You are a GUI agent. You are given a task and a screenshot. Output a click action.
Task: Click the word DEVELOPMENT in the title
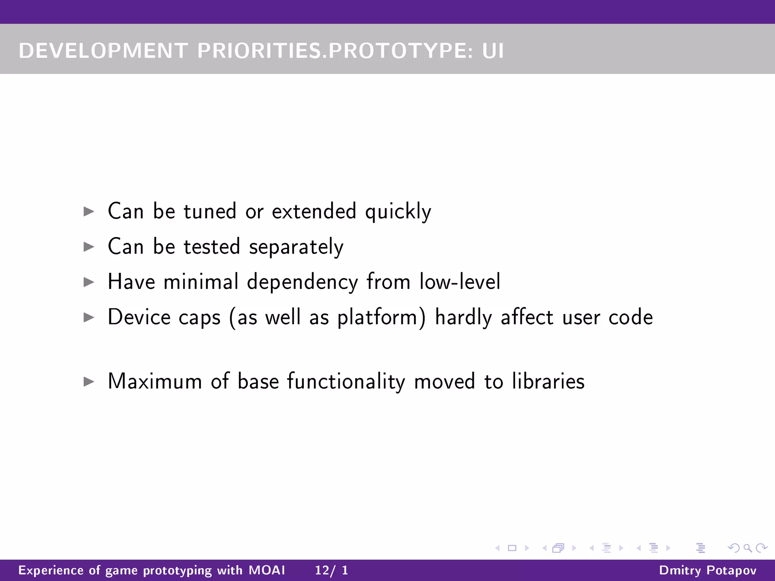103,51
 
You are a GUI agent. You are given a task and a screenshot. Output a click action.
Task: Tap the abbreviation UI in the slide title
493,51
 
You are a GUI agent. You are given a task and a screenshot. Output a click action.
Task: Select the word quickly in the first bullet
398,211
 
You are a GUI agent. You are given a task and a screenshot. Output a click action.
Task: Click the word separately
296,247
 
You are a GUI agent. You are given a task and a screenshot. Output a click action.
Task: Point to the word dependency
302,282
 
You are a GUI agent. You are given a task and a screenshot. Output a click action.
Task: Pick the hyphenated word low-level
460,282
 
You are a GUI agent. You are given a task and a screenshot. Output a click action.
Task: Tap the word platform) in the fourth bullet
381,317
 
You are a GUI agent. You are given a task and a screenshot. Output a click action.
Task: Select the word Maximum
155,381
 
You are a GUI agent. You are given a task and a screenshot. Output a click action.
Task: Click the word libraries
548,381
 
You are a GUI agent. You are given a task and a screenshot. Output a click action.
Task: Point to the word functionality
346,381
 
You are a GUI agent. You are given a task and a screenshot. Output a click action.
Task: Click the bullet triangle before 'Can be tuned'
89,211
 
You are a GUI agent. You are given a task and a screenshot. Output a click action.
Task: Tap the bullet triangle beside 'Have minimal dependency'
89,282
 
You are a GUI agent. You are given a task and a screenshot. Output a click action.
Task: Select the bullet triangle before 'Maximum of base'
89,382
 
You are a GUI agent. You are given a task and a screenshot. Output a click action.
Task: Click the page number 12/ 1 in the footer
331,570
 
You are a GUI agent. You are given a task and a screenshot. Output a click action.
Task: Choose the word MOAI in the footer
267,570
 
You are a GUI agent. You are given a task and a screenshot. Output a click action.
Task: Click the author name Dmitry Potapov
708,570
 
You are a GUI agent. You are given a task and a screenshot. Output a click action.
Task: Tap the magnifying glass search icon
747,548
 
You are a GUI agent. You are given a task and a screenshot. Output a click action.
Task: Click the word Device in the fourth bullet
139,317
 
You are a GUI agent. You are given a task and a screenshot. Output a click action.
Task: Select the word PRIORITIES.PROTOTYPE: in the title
335,51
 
